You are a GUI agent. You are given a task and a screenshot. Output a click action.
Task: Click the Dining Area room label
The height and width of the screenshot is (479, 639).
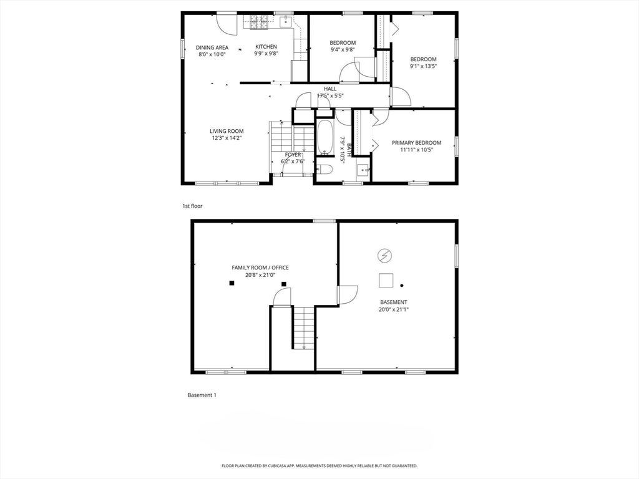click(x=212, y=47)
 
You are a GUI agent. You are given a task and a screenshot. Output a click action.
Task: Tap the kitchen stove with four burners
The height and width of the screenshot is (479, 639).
click(x=259, y=22)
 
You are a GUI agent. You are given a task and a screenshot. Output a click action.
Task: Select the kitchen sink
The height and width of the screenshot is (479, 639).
click(x=286, y=21)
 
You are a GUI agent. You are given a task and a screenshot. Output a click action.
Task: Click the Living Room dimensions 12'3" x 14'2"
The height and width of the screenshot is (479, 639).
click(x=227, y=138)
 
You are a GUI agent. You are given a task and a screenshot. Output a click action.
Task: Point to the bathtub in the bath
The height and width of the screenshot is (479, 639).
click(x=325, y=138)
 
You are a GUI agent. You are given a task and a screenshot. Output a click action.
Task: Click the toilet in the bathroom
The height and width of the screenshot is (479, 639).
click(x=324, y=169)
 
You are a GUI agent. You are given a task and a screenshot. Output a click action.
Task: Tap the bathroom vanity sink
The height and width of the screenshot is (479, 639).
click(x=363, y=170)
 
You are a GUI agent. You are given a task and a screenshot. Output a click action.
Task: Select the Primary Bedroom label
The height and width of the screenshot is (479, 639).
click(x=416, y=143)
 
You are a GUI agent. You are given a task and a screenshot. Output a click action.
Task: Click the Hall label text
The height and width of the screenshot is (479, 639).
click(x=330, y=89)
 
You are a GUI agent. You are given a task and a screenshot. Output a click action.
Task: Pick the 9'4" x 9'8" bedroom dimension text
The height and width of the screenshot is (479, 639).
click(x=343, y=50)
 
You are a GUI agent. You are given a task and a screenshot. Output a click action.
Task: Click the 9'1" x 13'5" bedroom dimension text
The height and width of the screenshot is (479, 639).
click(x=424, y=66)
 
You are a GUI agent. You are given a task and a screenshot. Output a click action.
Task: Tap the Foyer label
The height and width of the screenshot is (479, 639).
click(x=293, y=155)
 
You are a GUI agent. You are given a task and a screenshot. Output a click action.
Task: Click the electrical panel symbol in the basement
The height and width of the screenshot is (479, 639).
click(x=384, y=256)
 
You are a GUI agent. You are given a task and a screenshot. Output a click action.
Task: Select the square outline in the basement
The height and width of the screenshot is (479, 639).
click(x=386, y=280)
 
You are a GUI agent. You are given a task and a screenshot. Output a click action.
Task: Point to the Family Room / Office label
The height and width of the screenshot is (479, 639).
click(x=260, y=268)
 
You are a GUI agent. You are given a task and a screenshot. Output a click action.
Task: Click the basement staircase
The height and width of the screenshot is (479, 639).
click(x=304, y=327)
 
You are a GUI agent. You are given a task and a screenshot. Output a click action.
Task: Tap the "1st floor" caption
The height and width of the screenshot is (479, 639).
click(x=192, y=206)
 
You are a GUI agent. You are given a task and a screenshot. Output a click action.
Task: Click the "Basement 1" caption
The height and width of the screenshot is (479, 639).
click(x=202, y=395)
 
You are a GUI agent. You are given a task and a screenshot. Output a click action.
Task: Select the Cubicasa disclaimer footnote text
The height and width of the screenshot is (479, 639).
click(x=319, y=465)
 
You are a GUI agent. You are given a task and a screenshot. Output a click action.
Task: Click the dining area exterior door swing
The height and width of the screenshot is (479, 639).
click(x=227, y=25)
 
